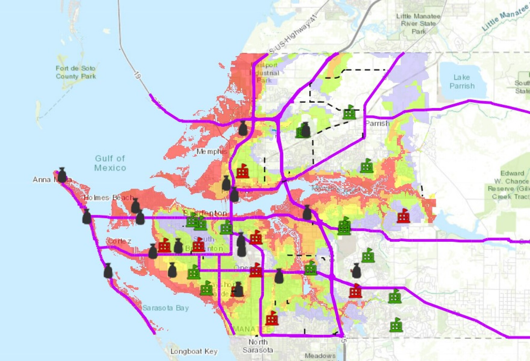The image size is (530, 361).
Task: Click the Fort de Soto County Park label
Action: [76, 72]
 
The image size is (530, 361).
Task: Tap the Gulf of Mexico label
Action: [110, 163]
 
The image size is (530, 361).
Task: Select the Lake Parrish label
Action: [462, 82]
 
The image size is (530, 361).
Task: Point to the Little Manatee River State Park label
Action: [418, 24]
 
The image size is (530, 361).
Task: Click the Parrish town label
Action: [377, 124]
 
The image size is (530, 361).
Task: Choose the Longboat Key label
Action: [194, 351]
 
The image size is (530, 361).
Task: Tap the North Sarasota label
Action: [258, 346]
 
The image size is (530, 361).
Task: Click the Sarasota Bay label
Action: [165, 308]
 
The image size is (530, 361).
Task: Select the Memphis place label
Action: [212, 152]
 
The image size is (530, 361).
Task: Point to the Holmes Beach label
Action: [108, 198]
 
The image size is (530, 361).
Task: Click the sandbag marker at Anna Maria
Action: [62, 175]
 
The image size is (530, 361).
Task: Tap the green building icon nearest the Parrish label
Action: [349, 112]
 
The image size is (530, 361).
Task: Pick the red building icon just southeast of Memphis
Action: [242, 171]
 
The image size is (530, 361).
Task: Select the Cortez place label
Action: [120, 241]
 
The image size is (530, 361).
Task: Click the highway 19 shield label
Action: [137, 75]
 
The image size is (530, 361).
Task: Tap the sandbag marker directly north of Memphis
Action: [243, 129]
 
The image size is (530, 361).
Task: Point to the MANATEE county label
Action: [252, 329]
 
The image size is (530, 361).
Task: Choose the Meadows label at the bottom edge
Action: [320, 356]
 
